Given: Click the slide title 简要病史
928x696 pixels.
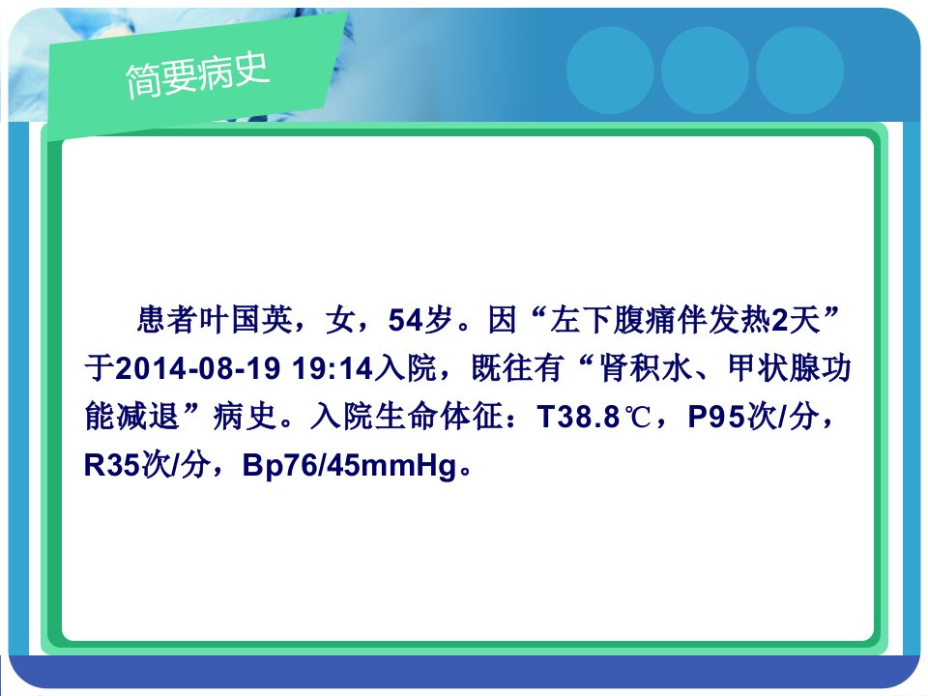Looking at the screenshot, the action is click(197, 74).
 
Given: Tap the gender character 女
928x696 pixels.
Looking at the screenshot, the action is click(341, 320).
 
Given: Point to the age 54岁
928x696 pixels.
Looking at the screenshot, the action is click(420, 320).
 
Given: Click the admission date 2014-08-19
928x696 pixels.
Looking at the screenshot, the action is click(197, 368).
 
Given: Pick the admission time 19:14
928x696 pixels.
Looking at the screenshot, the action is click(332, 368).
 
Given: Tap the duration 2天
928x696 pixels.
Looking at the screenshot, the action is click(797, 320).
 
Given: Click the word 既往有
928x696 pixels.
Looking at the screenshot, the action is click(517, 368).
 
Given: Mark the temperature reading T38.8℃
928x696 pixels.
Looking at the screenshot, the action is click(594, 417).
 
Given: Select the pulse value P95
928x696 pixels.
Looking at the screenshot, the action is click(715, 417).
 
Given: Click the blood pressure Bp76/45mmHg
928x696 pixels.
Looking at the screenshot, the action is click(350, 465).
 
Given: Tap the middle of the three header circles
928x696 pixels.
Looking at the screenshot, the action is click(705, 71).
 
